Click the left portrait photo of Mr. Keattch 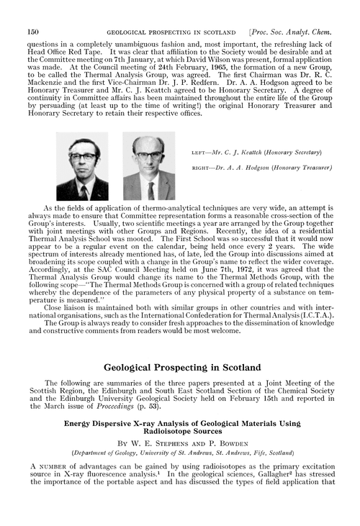pyautogui.click(x=87, y=166)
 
